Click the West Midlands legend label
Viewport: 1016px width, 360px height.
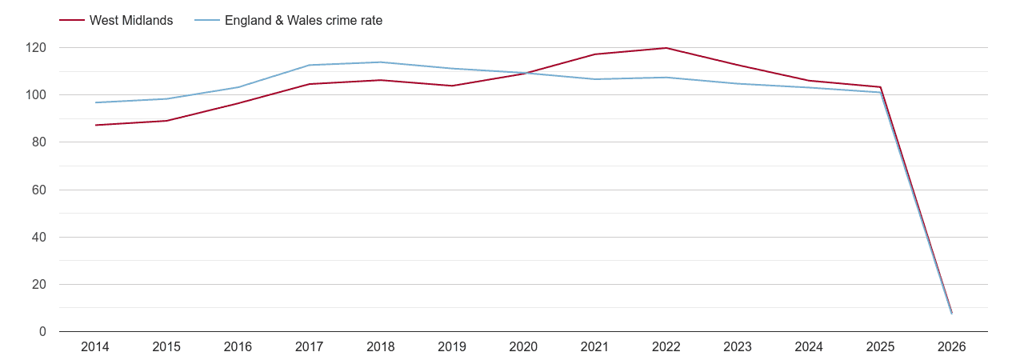[131, 21]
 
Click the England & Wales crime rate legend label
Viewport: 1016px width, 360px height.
[303, 21]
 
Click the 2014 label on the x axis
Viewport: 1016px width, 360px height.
[95, 347]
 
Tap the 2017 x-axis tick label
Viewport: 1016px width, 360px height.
[310, 347]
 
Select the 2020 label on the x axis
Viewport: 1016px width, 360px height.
[523, 347]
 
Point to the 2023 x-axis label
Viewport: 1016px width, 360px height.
[738, 347]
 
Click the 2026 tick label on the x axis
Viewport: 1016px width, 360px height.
[952, 347]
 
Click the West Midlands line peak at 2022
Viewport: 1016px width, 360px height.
[666, 48]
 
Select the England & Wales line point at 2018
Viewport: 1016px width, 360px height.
[381, 62]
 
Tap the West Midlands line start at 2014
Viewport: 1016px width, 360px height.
[95, 125]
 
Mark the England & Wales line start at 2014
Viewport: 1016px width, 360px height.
[95, 102]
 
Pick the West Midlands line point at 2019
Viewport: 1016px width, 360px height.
[452, 86]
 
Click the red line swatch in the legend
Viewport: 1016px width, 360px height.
[72, 21]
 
